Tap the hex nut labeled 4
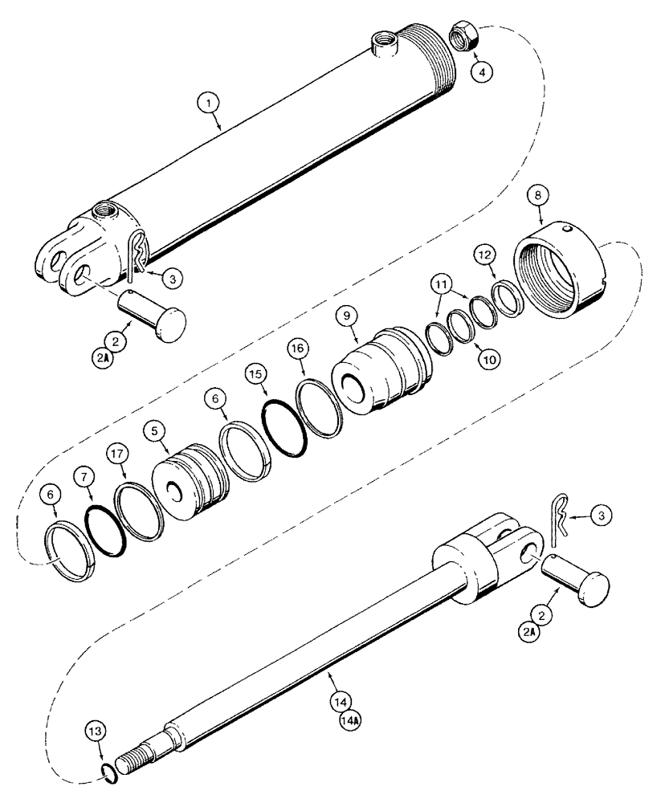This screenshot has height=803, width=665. pyautogui.click(x=463, y=37)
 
